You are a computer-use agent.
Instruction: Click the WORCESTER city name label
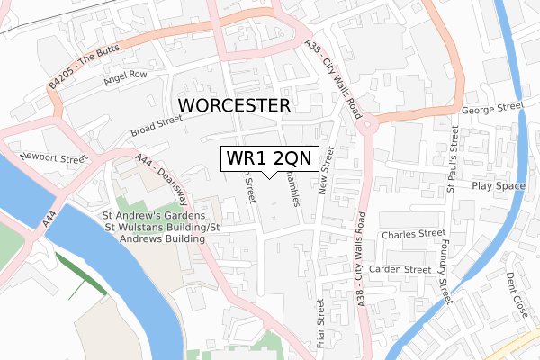[x=235, y=105]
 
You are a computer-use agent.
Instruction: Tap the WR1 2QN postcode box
[x=265, y=158]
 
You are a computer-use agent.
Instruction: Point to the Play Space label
[x=499, y=185]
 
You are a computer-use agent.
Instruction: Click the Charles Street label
[x=413, y=234]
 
